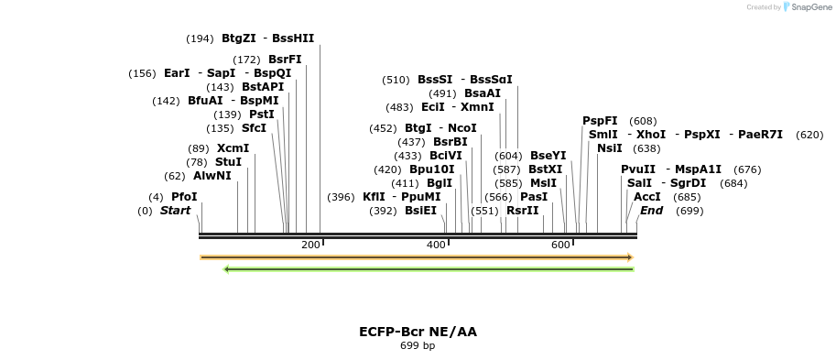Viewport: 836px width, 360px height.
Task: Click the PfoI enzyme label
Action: tap(184, 197)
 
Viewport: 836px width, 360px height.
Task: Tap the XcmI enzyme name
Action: tap(233, 148)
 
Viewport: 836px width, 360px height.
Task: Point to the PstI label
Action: tap(262, 115)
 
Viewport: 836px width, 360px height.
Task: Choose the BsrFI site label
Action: tap(285, 60)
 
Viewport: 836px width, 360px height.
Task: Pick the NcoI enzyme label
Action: tap(462, 128)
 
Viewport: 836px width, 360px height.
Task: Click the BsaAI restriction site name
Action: tap(483, 93)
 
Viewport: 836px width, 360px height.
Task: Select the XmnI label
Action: tap(477, 107)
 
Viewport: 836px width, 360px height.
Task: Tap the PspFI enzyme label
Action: tap(600, 121)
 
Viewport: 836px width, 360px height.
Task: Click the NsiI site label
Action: tap(609, 148)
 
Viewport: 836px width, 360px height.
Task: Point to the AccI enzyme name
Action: tap(647, 197)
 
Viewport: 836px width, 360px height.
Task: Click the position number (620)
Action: tap(809, 135)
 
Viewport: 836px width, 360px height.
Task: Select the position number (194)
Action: tap(199, 38)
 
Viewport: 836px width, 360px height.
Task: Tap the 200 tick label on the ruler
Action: tap(310, 245)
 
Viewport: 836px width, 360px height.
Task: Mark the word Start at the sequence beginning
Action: tap(175, 211)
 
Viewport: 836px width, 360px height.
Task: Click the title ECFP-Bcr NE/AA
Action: tap(418, 332)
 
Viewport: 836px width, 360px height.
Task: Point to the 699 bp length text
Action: tap(418, 346)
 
